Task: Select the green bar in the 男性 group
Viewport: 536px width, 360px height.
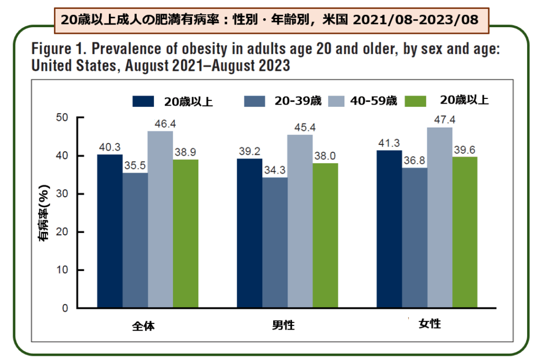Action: tap(325, 235)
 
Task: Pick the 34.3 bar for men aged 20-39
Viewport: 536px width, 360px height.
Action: tap(275, 243)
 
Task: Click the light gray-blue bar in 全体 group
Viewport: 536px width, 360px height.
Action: tap(160, 220)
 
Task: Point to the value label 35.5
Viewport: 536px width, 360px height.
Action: tap(135, 166)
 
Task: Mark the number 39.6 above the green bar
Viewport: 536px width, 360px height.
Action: tap(465, 151)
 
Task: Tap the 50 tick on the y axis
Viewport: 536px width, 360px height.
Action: tap(62, 118)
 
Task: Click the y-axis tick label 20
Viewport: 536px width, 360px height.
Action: tap(62, 232)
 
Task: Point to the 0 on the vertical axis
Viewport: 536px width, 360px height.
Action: tap(65, 308)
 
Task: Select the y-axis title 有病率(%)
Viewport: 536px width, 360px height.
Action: tap(44, 212)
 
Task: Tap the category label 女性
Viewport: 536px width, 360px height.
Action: tap(430, 324)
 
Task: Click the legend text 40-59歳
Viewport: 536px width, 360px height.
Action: tap(374, 101)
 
